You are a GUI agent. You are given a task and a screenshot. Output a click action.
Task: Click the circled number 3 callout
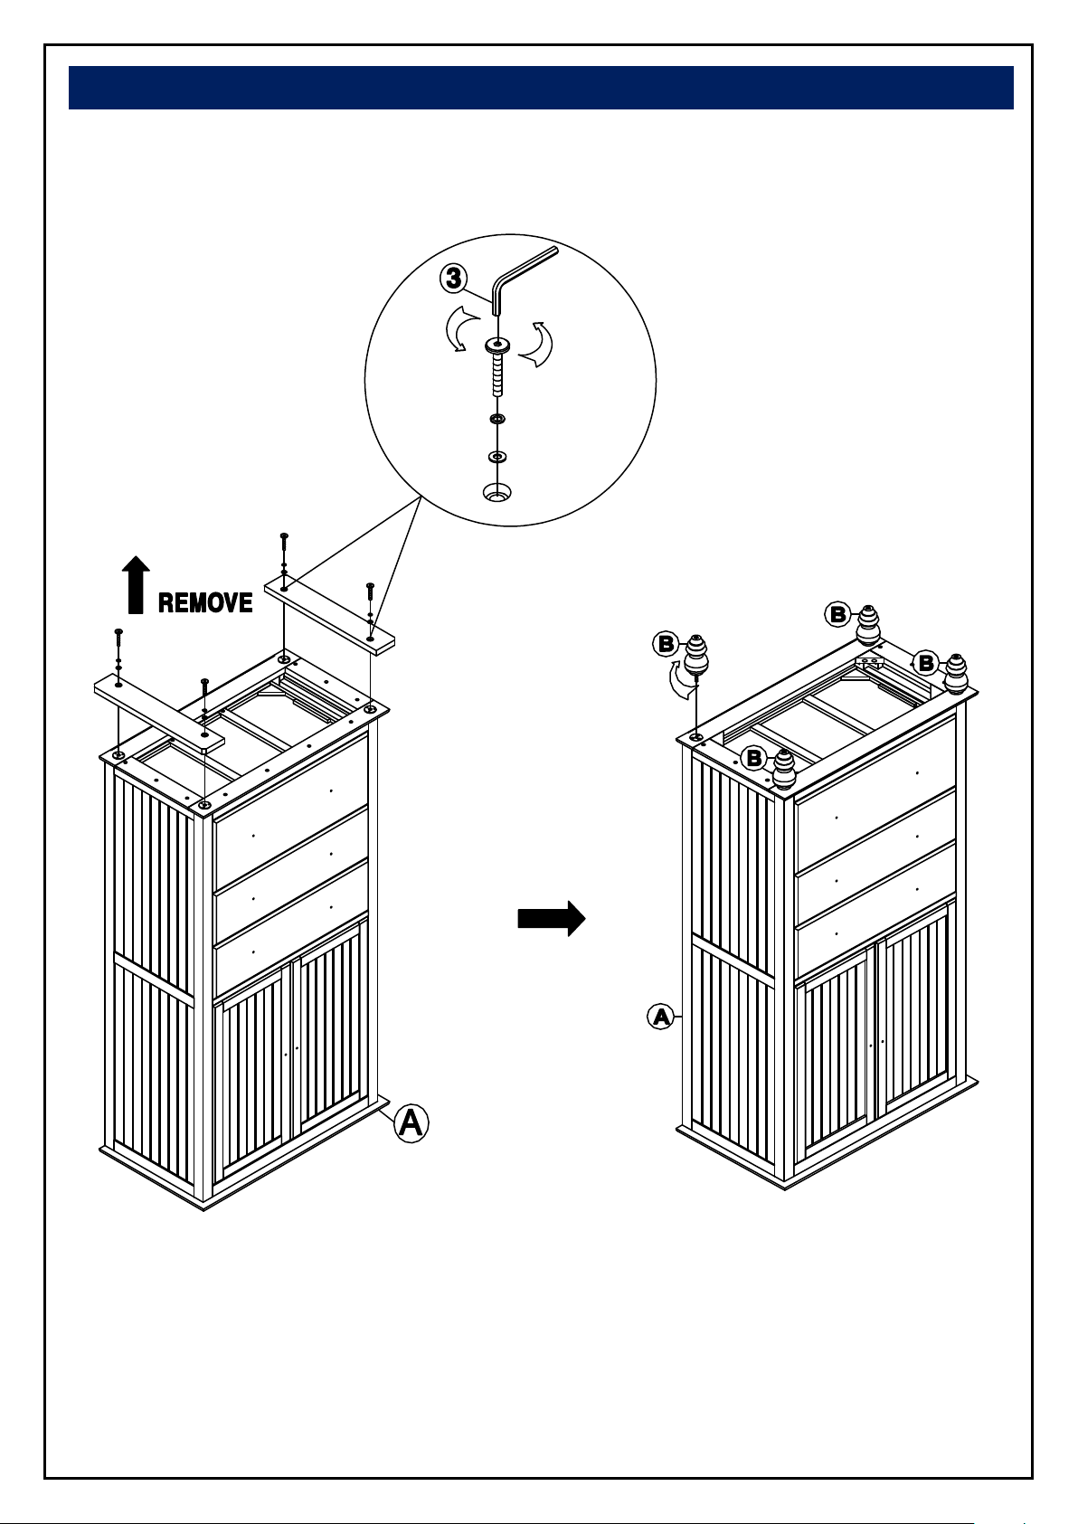click(x=454, y=278)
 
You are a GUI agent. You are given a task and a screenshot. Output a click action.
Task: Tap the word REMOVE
click(x=205, y=602)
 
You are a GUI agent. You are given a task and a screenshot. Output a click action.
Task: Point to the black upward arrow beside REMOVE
click(x=136, y=584)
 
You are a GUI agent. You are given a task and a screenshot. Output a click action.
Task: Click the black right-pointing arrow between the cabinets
click(x=552, y=919)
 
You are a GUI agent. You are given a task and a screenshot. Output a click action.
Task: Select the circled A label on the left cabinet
click(x=411, y=1122)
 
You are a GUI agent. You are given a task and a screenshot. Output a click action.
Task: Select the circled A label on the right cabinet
click(x=660, y=1017)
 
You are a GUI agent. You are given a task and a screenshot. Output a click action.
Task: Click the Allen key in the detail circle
click(x=525, y=281)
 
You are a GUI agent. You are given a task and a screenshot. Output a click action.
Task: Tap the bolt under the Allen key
click(x=498, y=367)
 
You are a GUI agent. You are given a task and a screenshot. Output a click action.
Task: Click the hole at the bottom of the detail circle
click(x=497, y=492)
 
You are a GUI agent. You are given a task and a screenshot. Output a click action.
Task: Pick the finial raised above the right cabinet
click(x=695, y=655)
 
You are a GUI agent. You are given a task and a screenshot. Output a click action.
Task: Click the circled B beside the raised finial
click(x=666, y=644)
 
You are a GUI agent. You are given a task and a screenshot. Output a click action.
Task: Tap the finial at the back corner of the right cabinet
click(x=868, y=625)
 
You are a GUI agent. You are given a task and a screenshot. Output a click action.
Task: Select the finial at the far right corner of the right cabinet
click(x=956, y=674)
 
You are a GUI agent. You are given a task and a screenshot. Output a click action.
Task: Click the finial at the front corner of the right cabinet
click(x=784, y=770)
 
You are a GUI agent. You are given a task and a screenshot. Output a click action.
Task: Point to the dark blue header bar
click(x=541, y=87)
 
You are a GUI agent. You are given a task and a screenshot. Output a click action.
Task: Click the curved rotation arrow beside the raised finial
click(x=683, y=679)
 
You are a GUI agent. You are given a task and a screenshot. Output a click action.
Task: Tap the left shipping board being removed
click(x=159, y=714)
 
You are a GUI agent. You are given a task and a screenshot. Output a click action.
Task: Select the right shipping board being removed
click(x=329, y=614)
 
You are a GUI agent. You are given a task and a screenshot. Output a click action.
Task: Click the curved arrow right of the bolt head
click(x=536, y=345)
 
